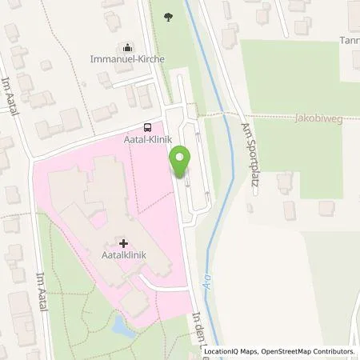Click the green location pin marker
(x=182, y=162)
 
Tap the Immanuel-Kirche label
(x=127, y=59)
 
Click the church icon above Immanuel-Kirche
(x=127, y=47)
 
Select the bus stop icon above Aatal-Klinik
(x=146, y=126)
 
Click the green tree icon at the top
(x=168, y=16)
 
